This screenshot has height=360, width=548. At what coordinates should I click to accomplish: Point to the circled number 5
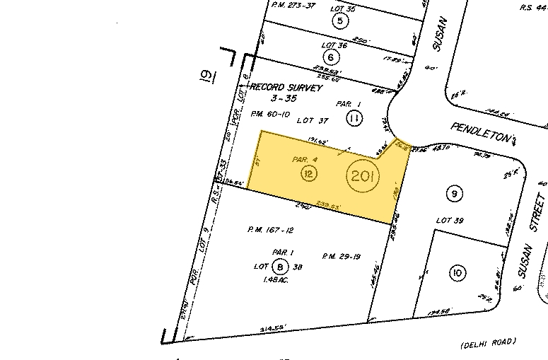point(341,21)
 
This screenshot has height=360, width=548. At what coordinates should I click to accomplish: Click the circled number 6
point(330,57)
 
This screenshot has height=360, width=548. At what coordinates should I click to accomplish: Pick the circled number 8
point(281,266)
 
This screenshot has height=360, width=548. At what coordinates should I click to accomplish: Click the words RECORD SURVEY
point(286,88)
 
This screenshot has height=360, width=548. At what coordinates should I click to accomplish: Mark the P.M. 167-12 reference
point(270,229)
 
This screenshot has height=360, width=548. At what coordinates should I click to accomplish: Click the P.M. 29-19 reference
point(342,256)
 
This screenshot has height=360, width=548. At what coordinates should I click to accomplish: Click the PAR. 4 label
point(304,160)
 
